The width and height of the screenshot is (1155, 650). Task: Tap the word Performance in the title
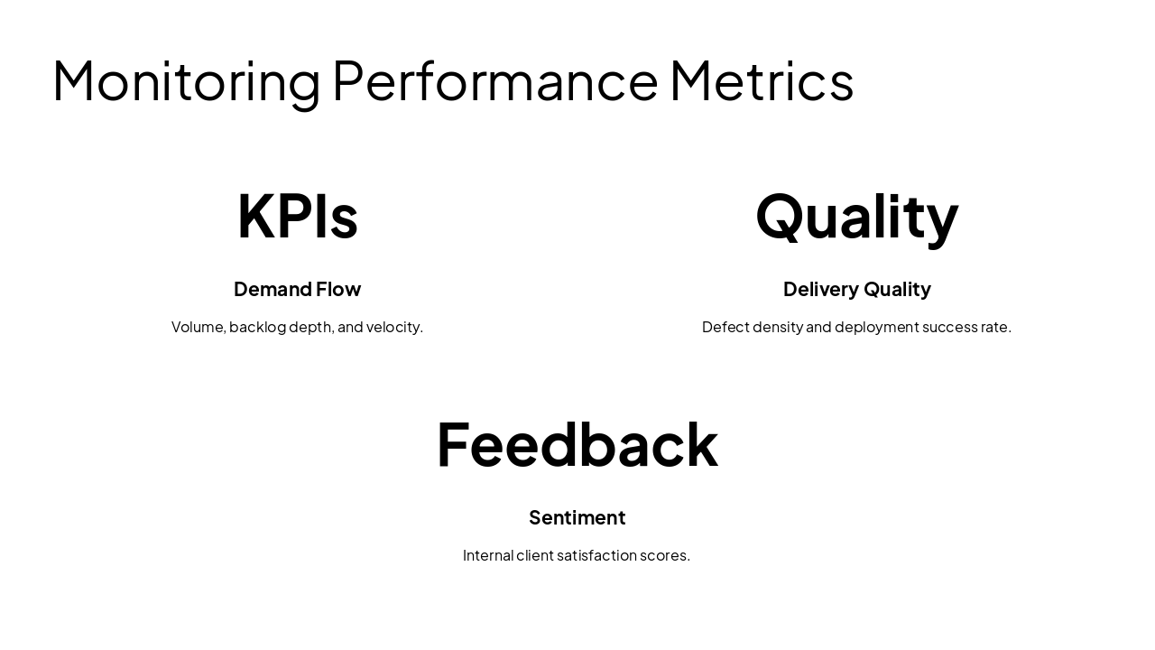(x=495, y=81)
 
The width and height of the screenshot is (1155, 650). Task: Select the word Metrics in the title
(x=762, y=81)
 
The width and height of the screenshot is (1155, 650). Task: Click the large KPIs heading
(x=297, y=216)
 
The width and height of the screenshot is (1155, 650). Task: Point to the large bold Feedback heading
(x=577, y=444)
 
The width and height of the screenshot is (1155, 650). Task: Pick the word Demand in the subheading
(x=273, y=289)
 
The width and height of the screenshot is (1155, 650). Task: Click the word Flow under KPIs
(x=338, y=289)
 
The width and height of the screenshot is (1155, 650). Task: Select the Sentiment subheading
(x=577, y=517)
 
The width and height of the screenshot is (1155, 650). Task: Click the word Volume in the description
(x=198, y=327)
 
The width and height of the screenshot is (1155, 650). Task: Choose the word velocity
(x=394, y=327)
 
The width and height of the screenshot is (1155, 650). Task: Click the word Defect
(x=725, y=327)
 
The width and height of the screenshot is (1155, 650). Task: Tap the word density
(x=777, y=327)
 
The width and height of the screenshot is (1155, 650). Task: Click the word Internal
(x=487, y=555)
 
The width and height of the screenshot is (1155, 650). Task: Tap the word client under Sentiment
(x=534, y=555)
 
